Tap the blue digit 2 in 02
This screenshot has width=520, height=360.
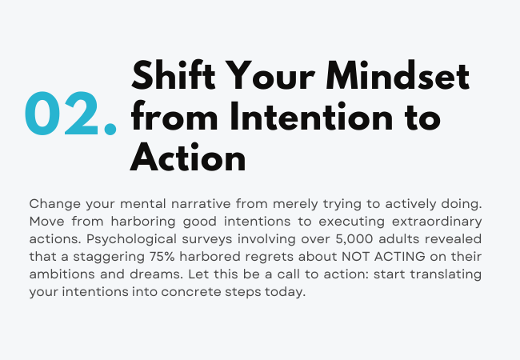tap(82, 113)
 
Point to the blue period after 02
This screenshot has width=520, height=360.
tap(110, 129)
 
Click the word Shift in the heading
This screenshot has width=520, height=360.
tap(173, 75)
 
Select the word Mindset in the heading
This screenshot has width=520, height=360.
tap(398, 75)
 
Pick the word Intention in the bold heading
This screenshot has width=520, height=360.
tap(311, 116)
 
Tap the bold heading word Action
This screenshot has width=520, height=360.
tap(188, 157)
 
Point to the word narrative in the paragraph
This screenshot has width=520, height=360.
tap(201, 203)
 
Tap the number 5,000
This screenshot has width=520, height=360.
tap(354, 239)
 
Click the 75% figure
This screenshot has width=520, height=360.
tap(162, 257)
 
